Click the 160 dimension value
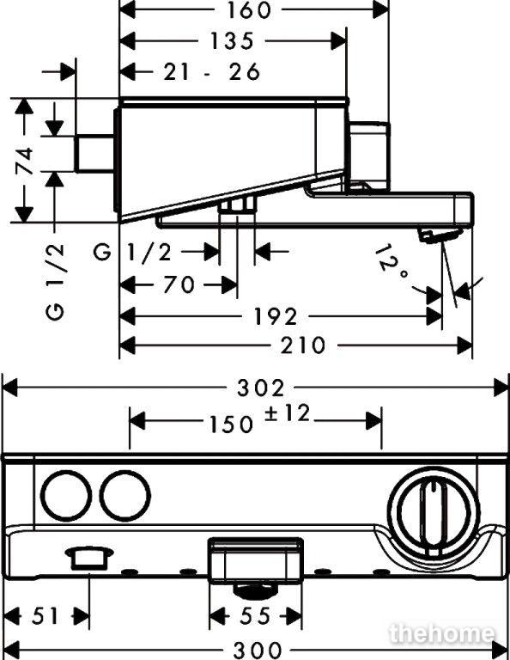pos(250,10)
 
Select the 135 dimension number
pos(232,41)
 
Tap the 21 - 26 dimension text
pos(212,72)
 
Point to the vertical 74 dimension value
pos(25,161)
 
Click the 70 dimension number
pos(179,284)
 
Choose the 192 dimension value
pos(276,316)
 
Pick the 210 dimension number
pos(303,345)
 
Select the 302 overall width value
pos(261,388)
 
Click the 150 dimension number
pos(232,425)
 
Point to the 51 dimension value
pos(45,617)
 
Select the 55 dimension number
pos(255,617)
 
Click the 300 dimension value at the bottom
pos(258,650)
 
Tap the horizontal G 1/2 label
pos(133,253)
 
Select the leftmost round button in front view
pos(66,495)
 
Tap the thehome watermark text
pos(443,633)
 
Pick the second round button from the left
pos(125,495)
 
